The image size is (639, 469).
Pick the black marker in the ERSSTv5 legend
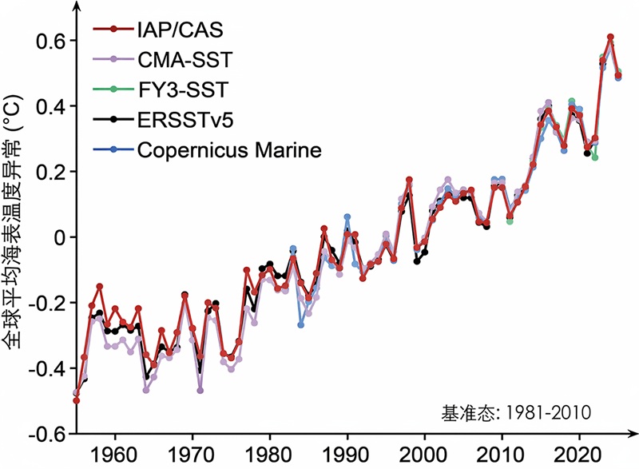113,119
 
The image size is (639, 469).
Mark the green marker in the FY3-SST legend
113,89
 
